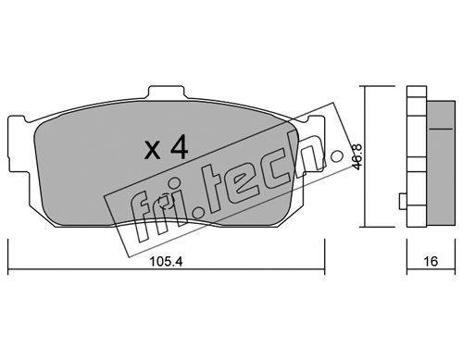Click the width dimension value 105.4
click(x=166, y=262)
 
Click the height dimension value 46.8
click(x=357, y=156)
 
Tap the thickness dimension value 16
click(x=431, y=262)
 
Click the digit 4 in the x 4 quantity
click(x=179, y=148)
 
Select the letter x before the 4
click(x=153, y=151)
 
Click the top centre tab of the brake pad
click(x=167, y=92)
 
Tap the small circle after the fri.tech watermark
click(x=336, y=156)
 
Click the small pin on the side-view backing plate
click(x=403, y=201)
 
